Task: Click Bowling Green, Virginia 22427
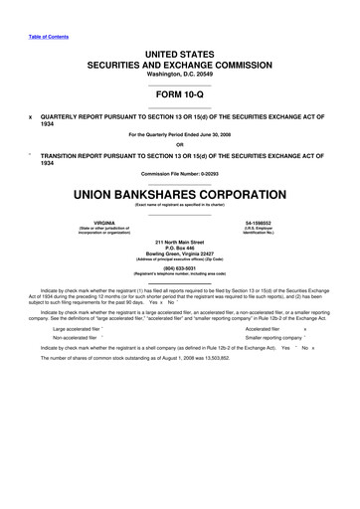180,257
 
